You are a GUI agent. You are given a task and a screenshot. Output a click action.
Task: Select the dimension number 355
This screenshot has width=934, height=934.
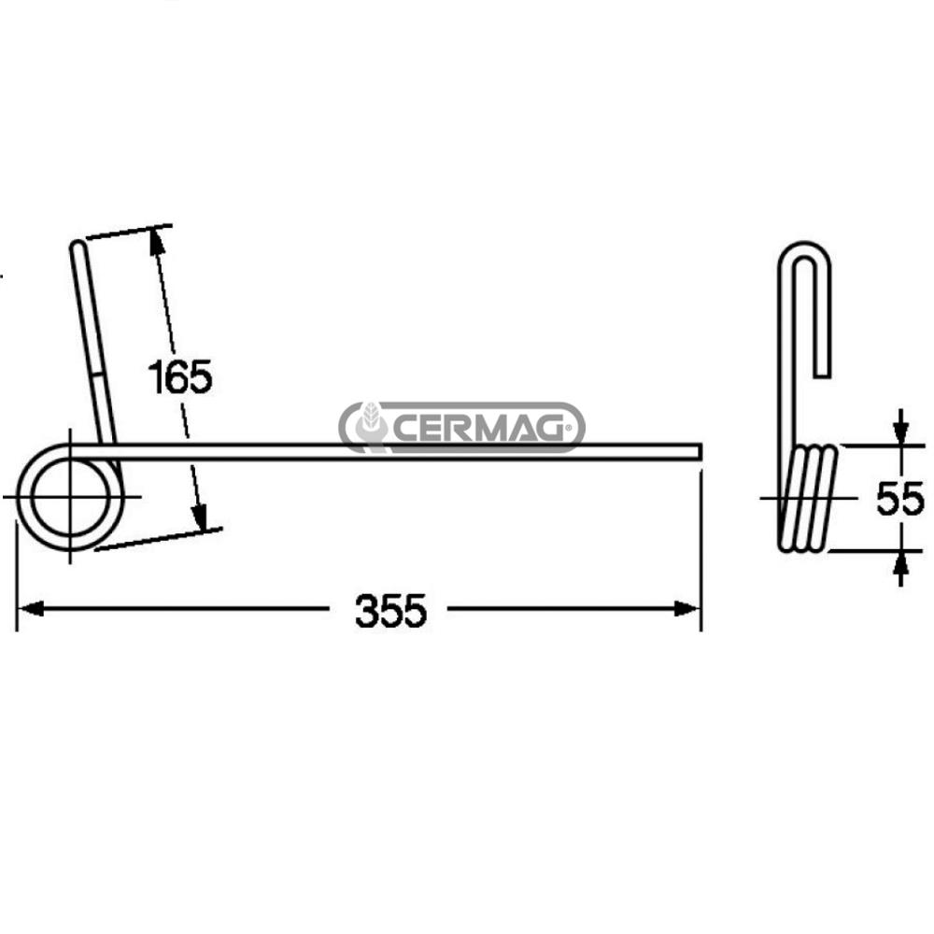390,611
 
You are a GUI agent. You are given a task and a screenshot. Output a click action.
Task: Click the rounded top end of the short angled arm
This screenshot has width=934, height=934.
78,247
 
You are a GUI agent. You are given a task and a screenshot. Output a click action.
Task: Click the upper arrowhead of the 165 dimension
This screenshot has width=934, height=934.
157,241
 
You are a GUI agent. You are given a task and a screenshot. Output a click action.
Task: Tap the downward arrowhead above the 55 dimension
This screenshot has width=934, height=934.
899,432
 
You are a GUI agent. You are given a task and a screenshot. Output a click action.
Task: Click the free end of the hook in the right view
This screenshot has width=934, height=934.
822,373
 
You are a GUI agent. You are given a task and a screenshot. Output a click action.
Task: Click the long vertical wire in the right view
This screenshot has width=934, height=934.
785,374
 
